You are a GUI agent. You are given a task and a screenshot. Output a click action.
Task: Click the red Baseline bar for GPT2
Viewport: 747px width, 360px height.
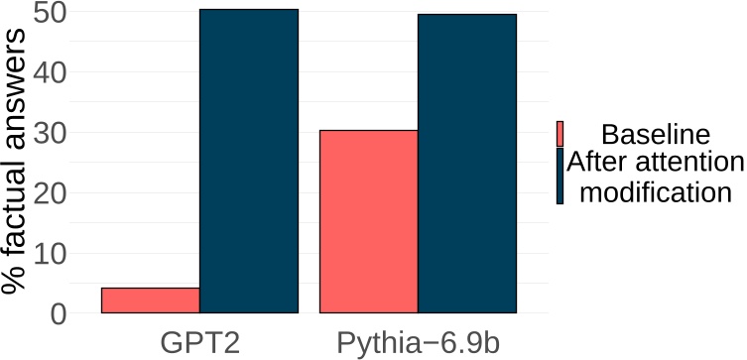click(x=150, y=300)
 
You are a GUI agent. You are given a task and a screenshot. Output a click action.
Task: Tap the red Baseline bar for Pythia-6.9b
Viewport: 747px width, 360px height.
click(x=368, y=221)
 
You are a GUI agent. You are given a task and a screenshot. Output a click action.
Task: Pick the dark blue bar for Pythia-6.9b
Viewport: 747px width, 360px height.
click(x=467, y=164)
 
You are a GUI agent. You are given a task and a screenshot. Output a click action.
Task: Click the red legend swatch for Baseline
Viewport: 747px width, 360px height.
click(x=560, y=134)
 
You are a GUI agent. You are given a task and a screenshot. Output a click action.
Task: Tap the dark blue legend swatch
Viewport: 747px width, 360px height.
click(x=560, y=176)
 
